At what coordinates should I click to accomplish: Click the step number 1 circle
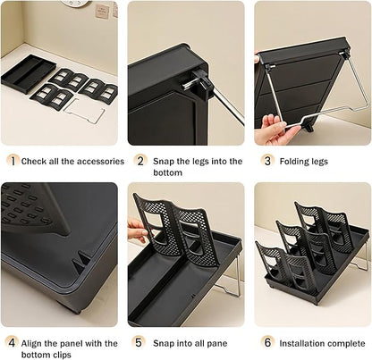pos(13,161)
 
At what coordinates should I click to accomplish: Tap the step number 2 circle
pos(140,161)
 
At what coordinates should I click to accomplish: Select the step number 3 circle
pos(267,161)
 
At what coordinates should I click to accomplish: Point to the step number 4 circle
pos(13,342)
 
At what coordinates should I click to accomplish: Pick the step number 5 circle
pos(140,342)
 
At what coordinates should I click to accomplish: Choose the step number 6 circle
pos(267,342)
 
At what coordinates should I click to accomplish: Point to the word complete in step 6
pos(342,342)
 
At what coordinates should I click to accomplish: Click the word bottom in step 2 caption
pos(168,172)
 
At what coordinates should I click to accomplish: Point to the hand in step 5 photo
pos(137,230)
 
